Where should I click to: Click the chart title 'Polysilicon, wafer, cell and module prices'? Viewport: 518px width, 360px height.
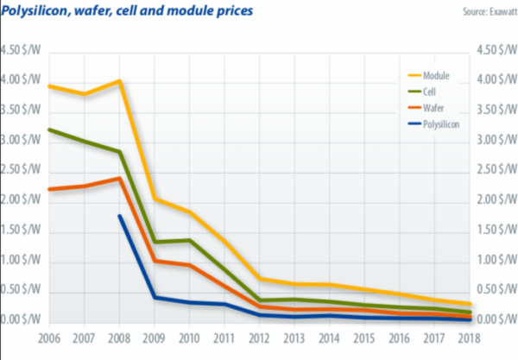(x=129, y=10)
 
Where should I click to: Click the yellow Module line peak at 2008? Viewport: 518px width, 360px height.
(x=119, y=81)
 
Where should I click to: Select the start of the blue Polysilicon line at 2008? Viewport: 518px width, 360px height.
(x=119, y=216)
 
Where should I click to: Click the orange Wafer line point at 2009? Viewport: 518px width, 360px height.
(x=155, y=260)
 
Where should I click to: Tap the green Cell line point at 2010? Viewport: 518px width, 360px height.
(x=190, y=240)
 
